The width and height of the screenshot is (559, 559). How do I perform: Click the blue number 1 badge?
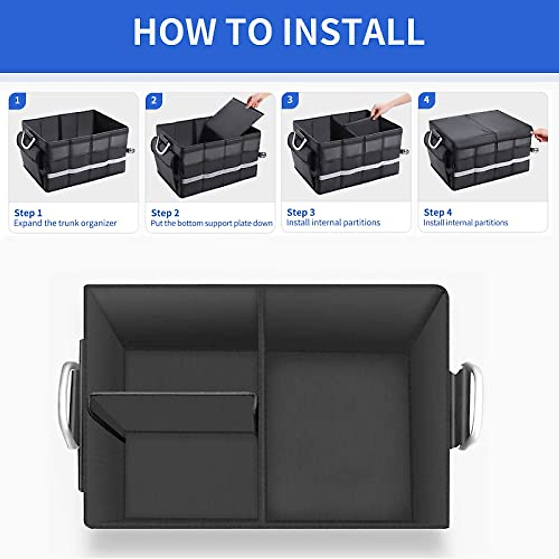18,101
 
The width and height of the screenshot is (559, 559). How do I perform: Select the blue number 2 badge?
154,101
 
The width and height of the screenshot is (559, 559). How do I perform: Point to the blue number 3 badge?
290,100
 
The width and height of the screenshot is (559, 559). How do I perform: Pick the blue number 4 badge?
427,100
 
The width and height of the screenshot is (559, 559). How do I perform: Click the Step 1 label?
28,213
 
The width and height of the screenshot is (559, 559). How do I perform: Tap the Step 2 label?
165,213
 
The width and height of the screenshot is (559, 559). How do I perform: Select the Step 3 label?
301,212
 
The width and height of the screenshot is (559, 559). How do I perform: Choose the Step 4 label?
437,212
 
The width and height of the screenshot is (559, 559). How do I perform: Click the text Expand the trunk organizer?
65,223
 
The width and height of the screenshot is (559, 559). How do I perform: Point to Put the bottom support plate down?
211,223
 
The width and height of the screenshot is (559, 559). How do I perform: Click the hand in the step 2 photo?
257,100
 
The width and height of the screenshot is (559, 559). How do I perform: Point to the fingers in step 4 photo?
540,135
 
